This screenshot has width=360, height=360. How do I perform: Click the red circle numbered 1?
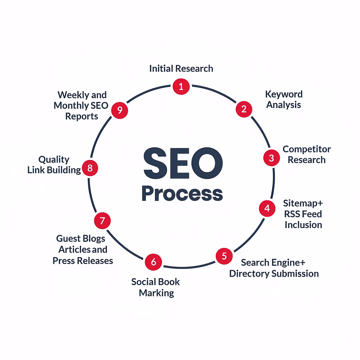tap(181, 86)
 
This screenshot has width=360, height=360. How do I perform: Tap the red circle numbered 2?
tap(244, 109)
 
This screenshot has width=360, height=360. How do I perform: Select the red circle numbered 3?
tap(271, 158)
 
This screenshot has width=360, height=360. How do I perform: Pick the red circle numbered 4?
tap(267, 208)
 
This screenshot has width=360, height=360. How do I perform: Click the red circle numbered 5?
tap(224, 256)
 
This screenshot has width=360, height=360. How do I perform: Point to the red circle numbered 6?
tap(153, 262)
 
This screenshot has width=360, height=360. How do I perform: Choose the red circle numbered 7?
tap(102, 221)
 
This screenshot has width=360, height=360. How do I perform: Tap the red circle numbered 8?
tap(90, 168)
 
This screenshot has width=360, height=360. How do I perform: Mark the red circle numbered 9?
tap(120, 110)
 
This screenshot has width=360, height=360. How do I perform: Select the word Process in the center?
tap(182, 193)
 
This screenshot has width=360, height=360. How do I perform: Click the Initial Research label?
tap(181, 68)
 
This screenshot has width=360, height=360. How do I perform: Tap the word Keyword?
tap(284, 95)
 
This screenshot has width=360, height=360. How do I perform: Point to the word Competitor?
tap(307, 149)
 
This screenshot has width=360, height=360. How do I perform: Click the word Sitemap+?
tap(303, 204)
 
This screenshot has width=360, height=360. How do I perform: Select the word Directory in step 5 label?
tap(250, 274)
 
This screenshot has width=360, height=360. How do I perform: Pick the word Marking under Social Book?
tap(156, 293)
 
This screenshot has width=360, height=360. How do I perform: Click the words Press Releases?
tap(83, 261)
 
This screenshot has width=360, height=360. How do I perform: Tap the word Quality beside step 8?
tap(54, 160)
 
